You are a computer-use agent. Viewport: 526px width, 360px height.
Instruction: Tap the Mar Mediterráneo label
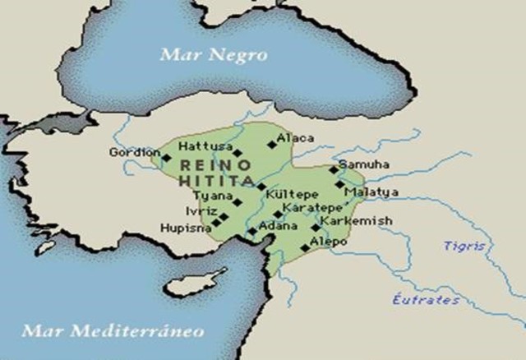[113, 331]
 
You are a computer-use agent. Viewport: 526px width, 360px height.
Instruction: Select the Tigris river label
[460, 246]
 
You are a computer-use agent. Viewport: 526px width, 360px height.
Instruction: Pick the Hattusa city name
[201, 145]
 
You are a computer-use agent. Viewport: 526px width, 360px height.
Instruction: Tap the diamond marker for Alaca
[272, 145]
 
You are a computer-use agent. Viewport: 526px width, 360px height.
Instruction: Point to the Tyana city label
[209, 196]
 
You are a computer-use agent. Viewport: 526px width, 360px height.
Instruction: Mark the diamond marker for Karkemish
[316, 227]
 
